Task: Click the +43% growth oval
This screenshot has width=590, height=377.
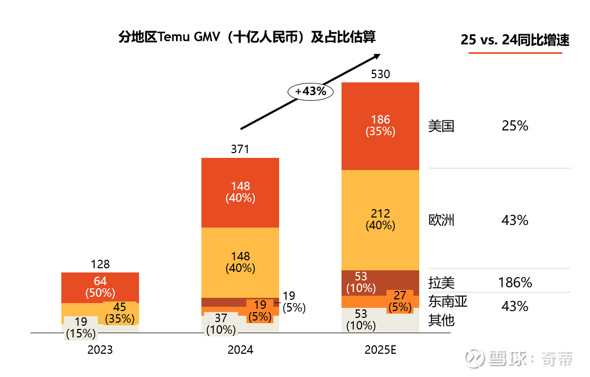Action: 311,91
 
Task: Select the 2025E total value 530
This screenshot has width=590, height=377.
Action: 380,74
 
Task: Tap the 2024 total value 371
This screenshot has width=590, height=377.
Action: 240,149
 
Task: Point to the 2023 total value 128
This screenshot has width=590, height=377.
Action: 100,265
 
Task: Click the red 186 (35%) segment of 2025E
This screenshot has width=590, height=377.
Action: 380,126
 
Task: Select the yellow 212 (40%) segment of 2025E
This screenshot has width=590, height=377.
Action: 380,219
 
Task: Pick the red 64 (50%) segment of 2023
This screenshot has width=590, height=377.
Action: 100,287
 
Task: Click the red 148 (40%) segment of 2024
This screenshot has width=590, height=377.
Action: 240,192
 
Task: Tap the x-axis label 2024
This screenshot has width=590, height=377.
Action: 240,350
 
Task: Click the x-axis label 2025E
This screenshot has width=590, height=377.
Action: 380,350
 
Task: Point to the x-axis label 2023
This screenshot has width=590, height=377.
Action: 100,350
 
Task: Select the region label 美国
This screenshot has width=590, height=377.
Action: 441,126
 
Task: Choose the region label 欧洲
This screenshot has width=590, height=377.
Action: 441,220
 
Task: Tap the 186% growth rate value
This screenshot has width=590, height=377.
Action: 514,282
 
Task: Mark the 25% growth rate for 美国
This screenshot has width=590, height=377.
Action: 514,126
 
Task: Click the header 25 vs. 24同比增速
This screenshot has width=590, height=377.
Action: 514,40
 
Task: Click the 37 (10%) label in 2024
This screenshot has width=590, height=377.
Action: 220,324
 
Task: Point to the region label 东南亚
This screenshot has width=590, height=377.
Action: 448,302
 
